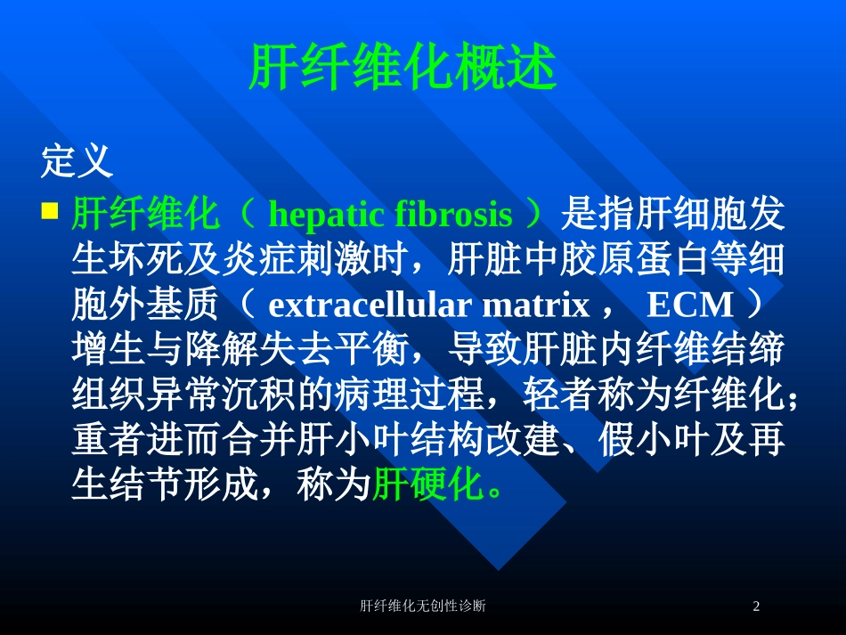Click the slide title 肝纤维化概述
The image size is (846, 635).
click(403, 67)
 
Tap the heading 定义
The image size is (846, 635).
click(77, 161)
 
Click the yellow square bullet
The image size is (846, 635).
click(50, 210)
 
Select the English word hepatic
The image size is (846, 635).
click(327, 215)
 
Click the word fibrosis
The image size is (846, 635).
click(454, 214)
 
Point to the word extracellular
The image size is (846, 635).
click(370, 305)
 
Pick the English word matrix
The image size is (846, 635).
click(536, 305)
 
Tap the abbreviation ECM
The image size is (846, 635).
click(690, 305)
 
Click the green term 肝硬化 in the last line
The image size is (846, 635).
click(427, 484)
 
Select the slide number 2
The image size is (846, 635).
click(756, 606)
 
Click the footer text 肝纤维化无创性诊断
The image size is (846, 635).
click(422, 606)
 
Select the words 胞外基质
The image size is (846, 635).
click(145, 305)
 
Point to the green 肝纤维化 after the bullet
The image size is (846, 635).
click(145, 214)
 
